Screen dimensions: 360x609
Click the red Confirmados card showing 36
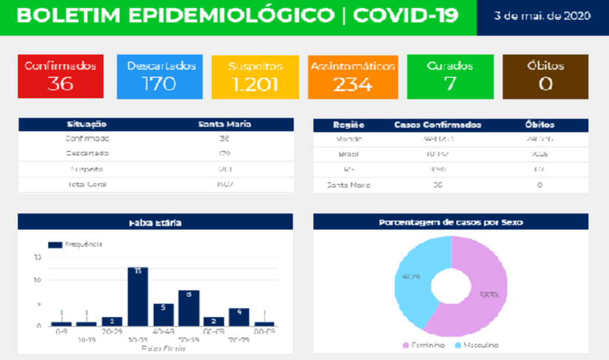point(60,77)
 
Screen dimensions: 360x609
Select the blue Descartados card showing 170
point(159,77)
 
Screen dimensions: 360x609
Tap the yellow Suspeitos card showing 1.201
point(255,77)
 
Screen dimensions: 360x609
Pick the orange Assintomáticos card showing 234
point(353,77)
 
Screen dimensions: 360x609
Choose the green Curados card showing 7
point(450,77)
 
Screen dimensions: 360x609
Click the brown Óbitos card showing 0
point(545,77)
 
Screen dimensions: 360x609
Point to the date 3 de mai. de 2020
point(542,15)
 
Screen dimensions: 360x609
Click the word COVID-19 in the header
point(406,15)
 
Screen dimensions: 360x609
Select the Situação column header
point(86,125)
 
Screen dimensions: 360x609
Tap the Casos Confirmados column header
point(438,125)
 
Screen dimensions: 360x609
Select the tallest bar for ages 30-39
point(137,298)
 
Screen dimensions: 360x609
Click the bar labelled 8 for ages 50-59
point(189,308)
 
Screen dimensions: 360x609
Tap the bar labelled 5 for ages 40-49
point(163,315)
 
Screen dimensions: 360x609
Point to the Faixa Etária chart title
point(155,223)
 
